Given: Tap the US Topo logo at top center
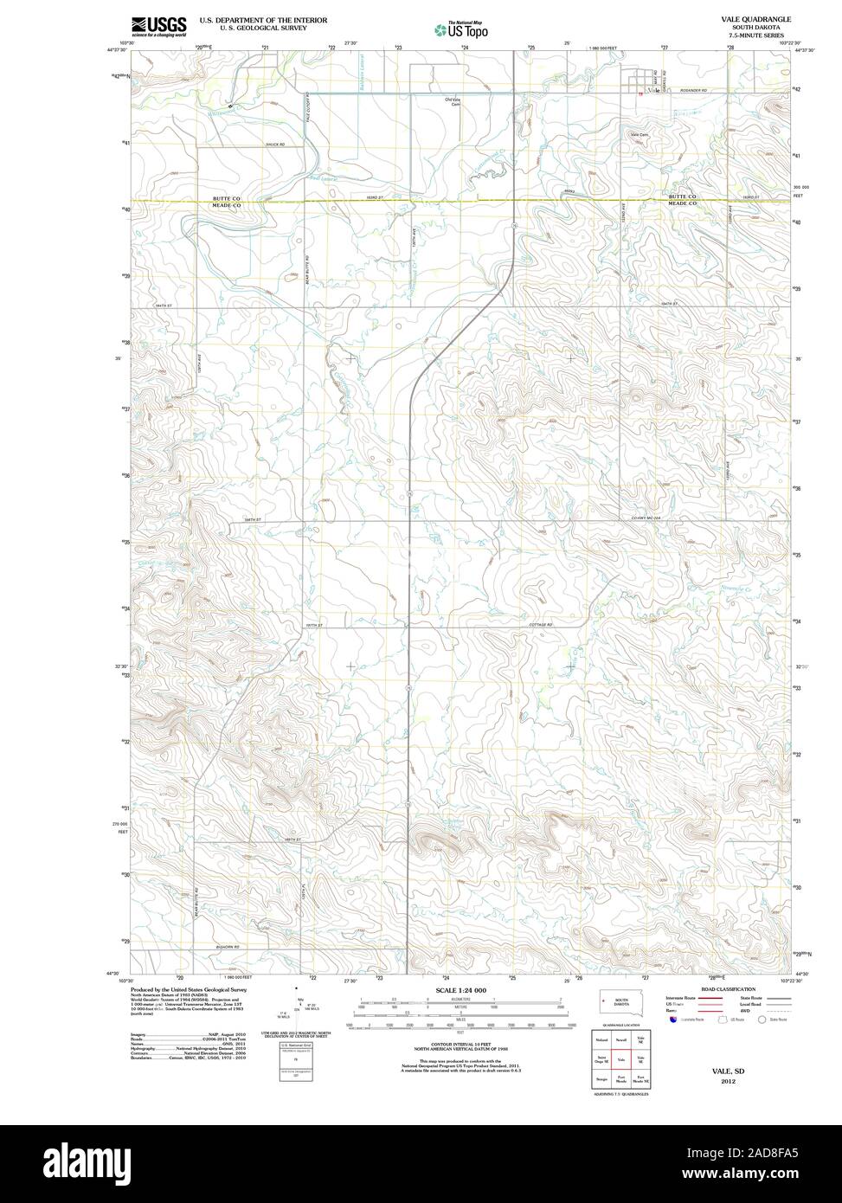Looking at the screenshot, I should [x=461, y=29].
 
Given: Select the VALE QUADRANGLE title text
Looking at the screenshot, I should [x=749, y=18].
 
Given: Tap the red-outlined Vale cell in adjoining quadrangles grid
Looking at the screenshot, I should [x=621, y=1058].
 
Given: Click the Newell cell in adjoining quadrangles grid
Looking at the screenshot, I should [x=621, y=1039].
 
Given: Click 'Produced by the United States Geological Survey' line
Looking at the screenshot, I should [x=189, y=989].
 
